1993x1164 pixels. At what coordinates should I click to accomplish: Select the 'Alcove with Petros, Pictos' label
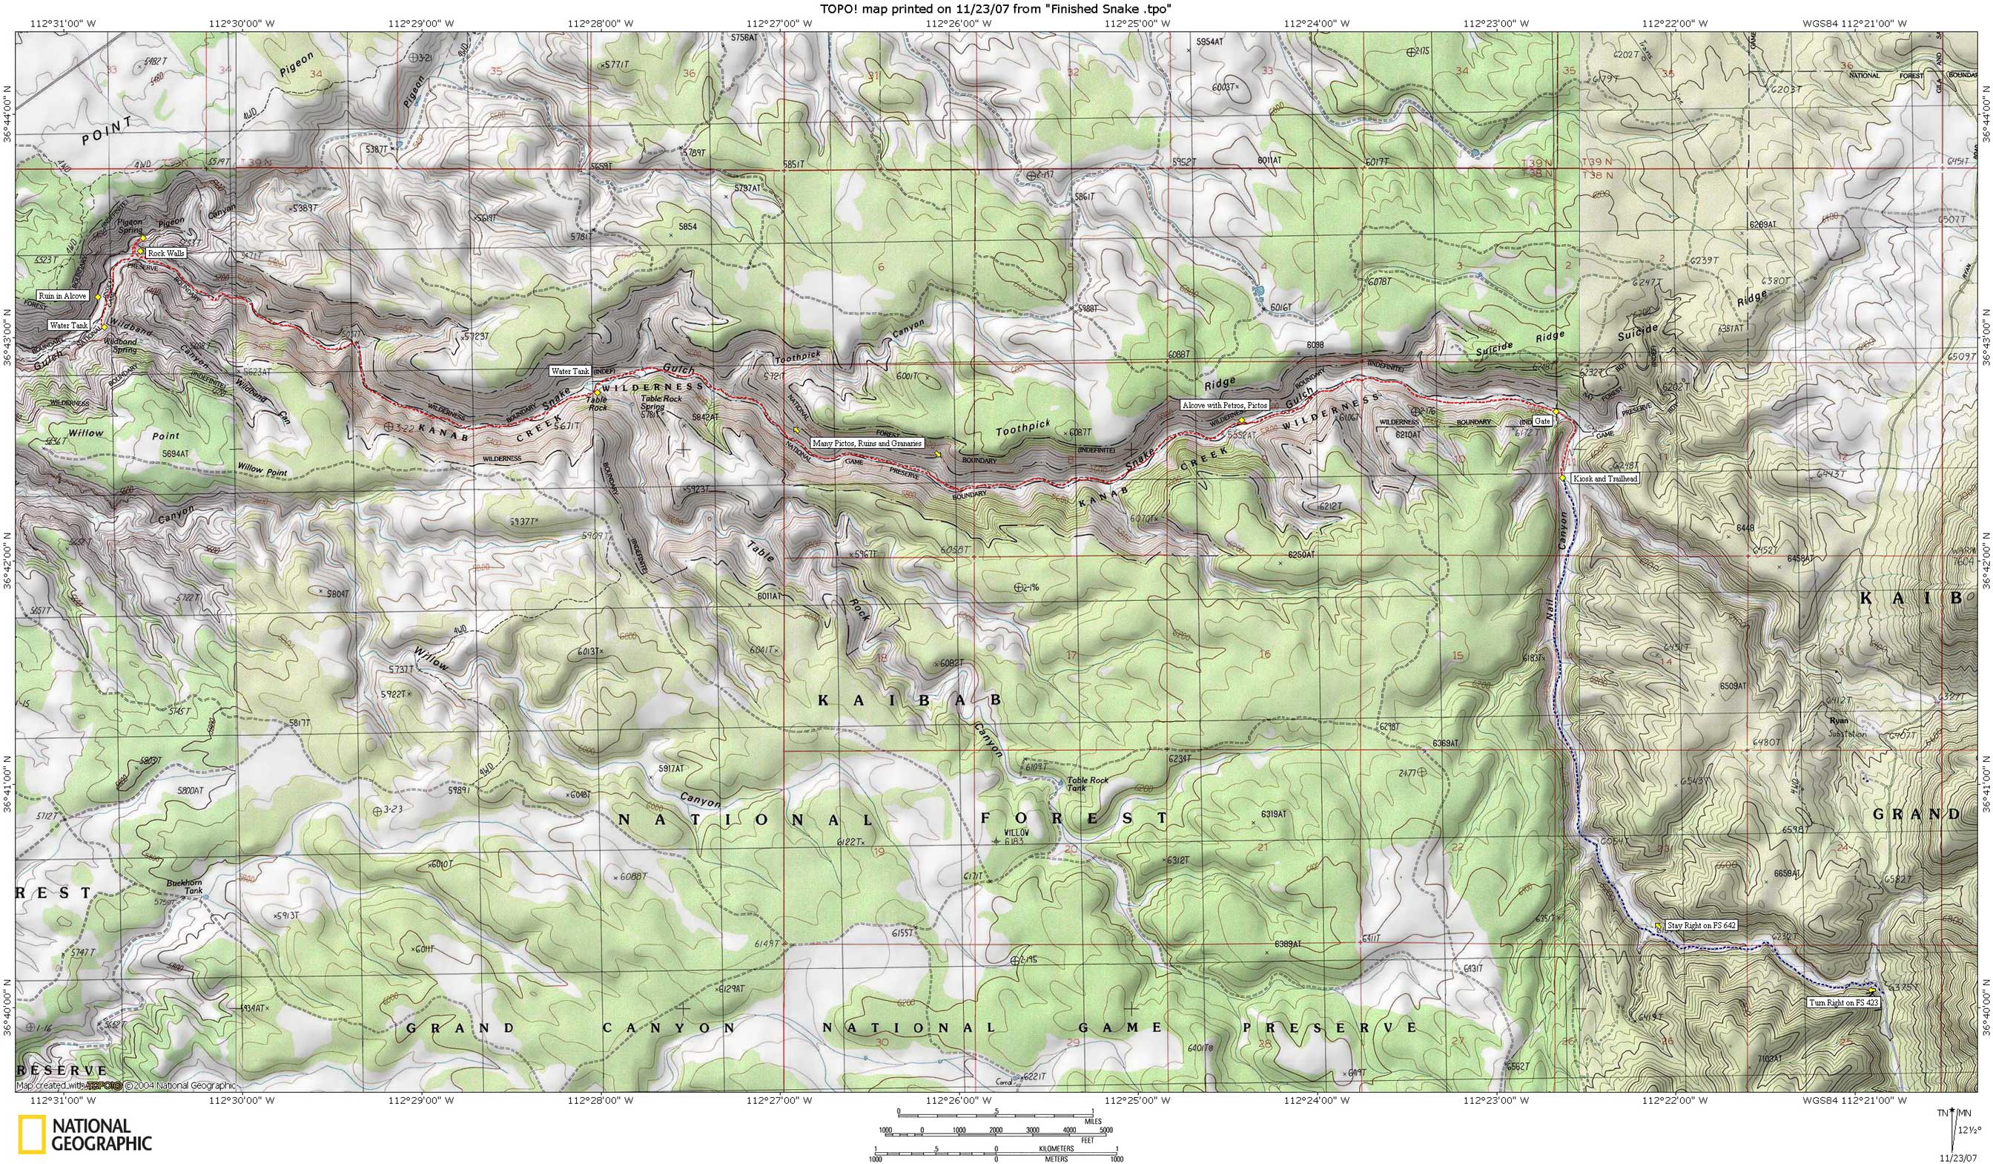tap(1224, 404)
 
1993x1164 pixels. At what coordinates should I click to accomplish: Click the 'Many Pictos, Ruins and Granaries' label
tap(867, 444)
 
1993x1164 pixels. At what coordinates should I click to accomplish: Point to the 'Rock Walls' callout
tap(166, 252)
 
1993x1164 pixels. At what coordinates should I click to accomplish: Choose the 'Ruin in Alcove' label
tap(62, 296)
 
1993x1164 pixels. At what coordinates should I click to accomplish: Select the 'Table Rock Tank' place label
tap(1088, 783)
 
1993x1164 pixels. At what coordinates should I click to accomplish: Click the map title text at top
tap(996, 8)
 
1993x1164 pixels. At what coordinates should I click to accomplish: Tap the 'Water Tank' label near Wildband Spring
tap(69, 325)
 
